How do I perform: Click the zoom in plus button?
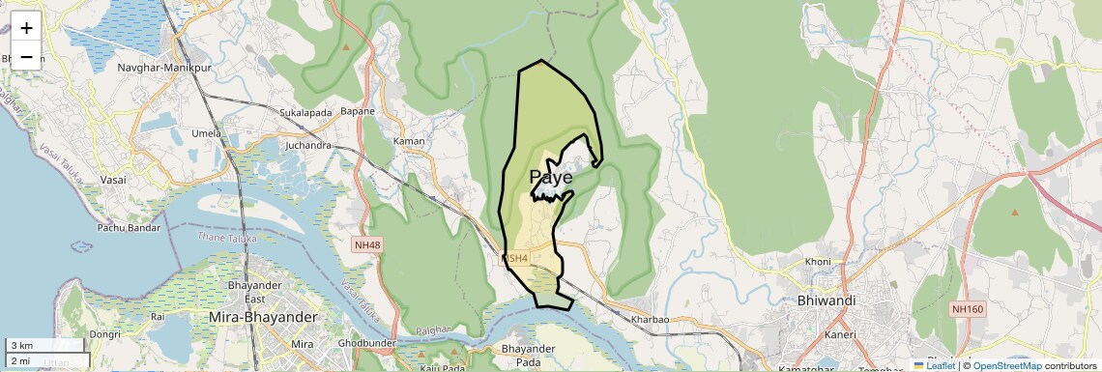[x=26, y=28]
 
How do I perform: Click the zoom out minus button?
[x=26, y=56]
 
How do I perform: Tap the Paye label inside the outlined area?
[x=551, y=178]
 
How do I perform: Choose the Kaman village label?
[x=409, y=142]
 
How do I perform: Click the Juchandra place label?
[x=308, y=146]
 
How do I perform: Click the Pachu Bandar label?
[x=128, y=228]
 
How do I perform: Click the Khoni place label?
[x=818, y=262]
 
